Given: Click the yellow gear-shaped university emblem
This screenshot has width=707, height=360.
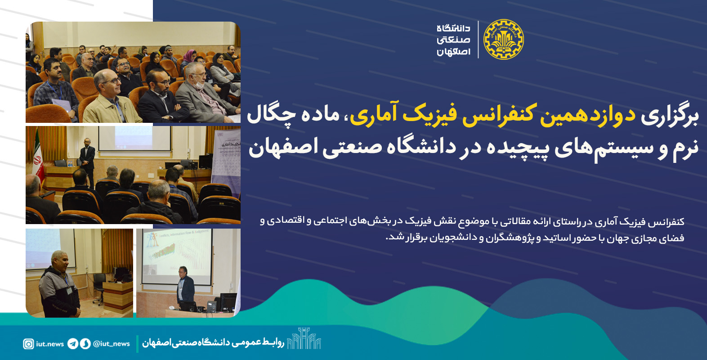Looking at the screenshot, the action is pyautogui.click(x=504, y=40).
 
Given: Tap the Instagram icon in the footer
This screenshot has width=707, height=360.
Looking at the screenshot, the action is pyautogui.click(x=28, y=344).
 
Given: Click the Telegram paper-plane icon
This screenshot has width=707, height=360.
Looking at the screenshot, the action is pyautogui.click(x=72, y=344).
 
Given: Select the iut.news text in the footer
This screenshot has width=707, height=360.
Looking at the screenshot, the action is pyautogui.click(x=50, y=344).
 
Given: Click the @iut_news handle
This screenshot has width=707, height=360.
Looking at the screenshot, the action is pyautogui.click(x=112, y=344).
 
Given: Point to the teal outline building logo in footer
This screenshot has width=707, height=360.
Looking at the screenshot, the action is pyautogui.click(x=304, y=338).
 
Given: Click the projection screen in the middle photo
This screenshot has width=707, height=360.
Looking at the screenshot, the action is pyautogui.click(x=135, y=138).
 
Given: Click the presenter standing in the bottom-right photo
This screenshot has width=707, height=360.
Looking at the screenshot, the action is pyautogui.click(x=186, y=287).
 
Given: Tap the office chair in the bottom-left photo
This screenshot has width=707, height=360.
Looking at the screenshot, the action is pyautogui.click(x=99, y=288).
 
